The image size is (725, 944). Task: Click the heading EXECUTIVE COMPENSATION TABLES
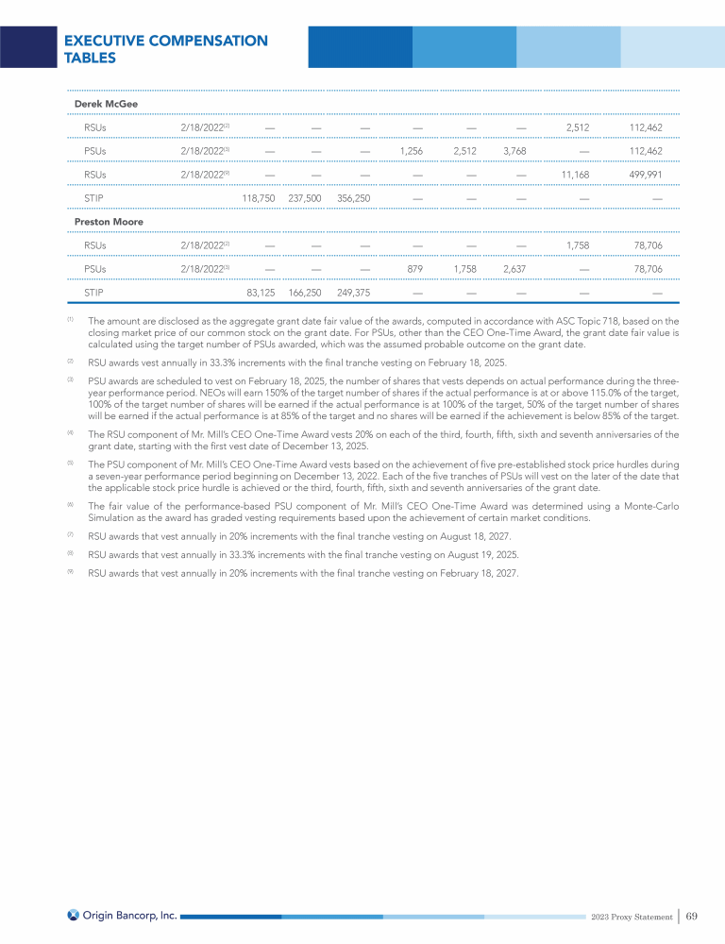click(165, 49)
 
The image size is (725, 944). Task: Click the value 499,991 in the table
click(643, 174)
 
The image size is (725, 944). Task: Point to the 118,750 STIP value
click(259, 198)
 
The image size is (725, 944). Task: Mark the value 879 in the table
click(414, 269)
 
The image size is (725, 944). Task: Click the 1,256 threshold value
click(411, 150)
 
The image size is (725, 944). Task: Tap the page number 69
click(692, 915)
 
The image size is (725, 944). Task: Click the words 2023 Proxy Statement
click(632, 916)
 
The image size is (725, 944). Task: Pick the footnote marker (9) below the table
click(71, 571)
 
